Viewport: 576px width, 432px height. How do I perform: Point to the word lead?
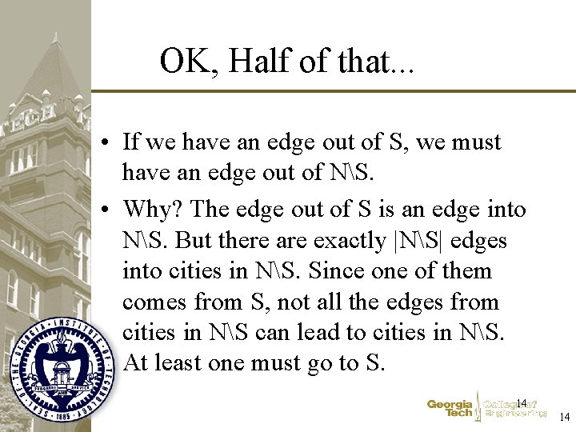click(274, 332)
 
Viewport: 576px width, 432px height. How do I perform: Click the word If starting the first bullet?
click(131, 142)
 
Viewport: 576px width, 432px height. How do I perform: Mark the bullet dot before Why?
click(106, 210)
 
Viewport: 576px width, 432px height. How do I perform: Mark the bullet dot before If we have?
click(106, 143)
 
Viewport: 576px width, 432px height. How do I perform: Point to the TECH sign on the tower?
click(33, 112)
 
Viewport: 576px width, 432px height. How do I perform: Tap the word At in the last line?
click(135, 362)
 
